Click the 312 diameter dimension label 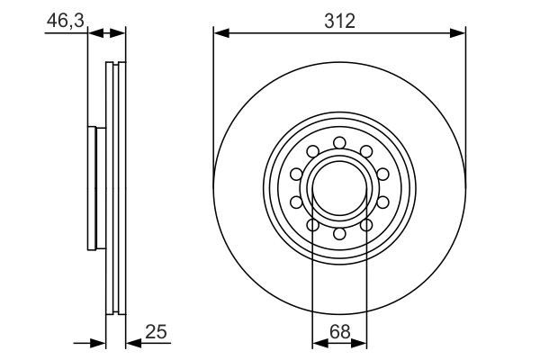pos(339,22)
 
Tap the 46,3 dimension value pos(66,21)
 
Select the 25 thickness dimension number pos(156,332)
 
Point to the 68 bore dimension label pos(340,332)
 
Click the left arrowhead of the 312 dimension pos(221,33)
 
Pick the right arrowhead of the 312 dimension pos(458,33)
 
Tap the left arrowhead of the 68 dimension pos(320,343)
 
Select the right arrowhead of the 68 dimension pos(358,343)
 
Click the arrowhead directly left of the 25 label pos(133,343)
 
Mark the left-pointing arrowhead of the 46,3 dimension pos(96,33)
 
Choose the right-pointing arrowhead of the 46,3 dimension pos(117,33)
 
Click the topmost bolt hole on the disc pos(339,142)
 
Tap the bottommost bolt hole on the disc pos(339,234)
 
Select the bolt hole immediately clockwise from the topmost pos(366,151)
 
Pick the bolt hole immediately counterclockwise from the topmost pos(312,151)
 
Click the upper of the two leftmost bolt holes pos(296,174)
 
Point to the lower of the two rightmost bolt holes pos(383,202)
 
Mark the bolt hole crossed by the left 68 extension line pos(312,225)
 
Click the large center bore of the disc pos(339,188)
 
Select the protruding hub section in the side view pos(97,188)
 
